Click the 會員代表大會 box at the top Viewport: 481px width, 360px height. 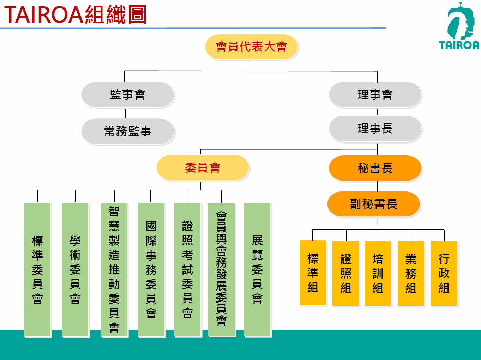coord(251,47)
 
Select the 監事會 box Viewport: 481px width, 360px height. coord(127,94)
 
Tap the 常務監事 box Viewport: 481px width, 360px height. coord(127,131)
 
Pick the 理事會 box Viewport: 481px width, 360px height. coord(375,94)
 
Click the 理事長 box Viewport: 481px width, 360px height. coord(375,128)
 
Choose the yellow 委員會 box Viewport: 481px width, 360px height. coord(203,167)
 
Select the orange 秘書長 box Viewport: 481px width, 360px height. coord(375,168)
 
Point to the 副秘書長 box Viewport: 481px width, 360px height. coord(374,204)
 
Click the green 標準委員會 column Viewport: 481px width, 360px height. coord(37,269)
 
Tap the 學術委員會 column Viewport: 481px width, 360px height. coord(75,269)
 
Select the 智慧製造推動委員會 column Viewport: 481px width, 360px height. coord(114,269)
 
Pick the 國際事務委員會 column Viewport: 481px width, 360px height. coord(151,269)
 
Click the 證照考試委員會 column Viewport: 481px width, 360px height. coord(187,269)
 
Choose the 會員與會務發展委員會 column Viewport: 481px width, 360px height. coord(221,270)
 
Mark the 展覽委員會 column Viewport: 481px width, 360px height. coord(257,269)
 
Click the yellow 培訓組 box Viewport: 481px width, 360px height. coord(378,273)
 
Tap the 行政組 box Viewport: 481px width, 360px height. coord(444,273)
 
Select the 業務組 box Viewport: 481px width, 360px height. coord(411,273)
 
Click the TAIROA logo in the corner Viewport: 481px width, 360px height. coord(459,26)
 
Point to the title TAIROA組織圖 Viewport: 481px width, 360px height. coord(76,14)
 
